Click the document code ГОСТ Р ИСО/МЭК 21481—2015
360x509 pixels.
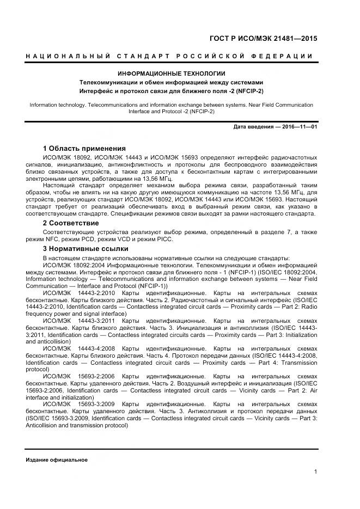263,39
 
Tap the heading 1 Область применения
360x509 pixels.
84,149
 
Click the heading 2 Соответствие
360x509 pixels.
71,223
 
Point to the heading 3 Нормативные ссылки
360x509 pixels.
82,249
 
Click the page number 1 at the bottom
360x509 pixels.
315,471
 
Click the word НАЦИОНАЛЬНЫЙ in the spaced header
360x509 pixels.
68,56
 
